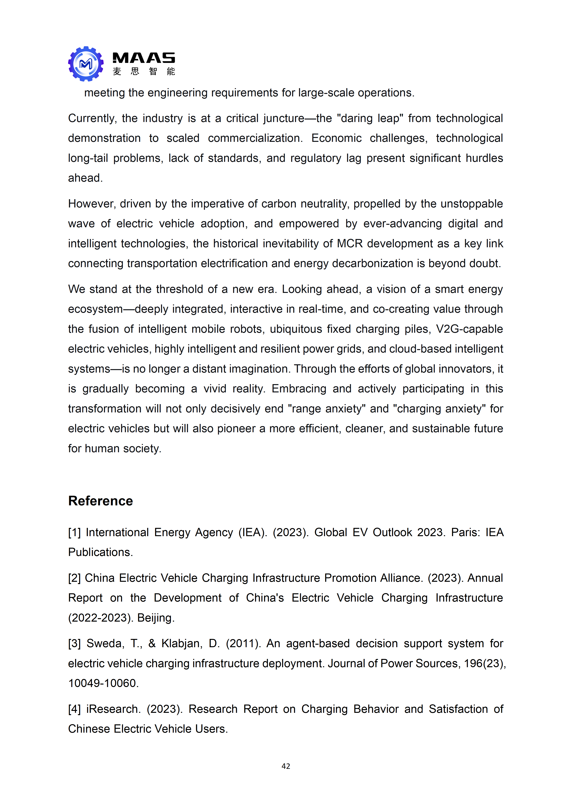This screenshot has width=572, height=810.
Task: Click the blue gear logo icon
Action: point(86,64)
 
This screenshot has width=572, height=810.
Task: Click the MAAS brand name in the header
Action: point(143,58)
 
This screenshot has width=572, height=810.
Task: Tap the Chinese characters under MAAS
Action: point(144,72)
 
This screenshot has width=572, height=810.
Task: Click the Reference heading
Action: point(101,501)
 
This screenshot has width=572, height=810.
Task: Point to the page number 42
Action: point(286,766)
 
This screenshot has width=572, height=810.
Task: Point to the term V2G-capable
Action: point(469,329)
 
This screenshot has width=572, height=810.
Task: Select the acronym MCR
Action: point(350,243)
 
